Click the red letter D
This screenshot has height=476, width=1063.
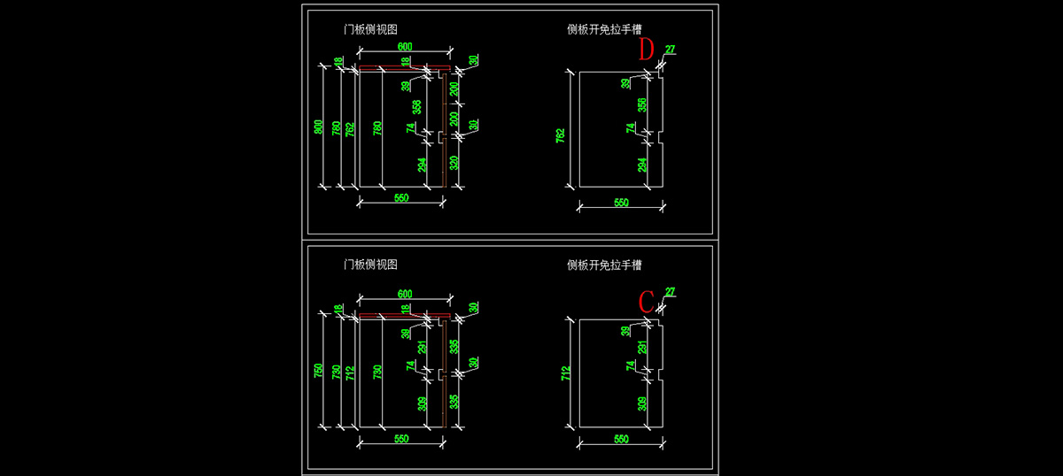647,50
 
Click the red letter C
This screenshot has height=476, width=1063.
647,301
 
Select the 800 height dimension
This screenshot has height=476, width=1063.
319,127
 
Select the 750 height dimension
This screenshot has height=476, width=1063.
319,372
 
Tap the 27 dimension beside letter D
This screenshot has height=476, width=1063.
670,50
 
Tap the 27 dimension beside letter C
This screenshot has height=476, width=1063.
670,292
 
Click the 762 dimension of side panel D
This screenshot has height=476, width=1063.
560,134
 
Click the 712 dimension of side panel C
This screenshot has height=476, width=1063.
560,373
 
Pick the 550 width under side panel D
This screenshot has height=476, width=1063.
621,203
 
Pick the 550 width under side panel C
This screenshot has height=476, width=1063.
621,439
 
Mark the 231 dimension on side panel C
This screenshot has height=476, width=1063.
642,348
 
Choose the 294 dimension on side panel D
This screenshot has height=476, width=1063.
642,164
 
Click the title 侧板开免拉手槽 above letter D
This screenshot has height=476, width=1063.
604,28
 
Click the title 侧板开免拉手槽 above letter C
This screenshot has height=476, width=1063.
604,265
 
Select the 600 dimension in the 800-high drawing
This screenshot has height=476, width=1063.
405,46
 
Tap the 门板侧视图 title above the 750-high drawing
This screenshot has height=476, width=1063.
370,265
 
